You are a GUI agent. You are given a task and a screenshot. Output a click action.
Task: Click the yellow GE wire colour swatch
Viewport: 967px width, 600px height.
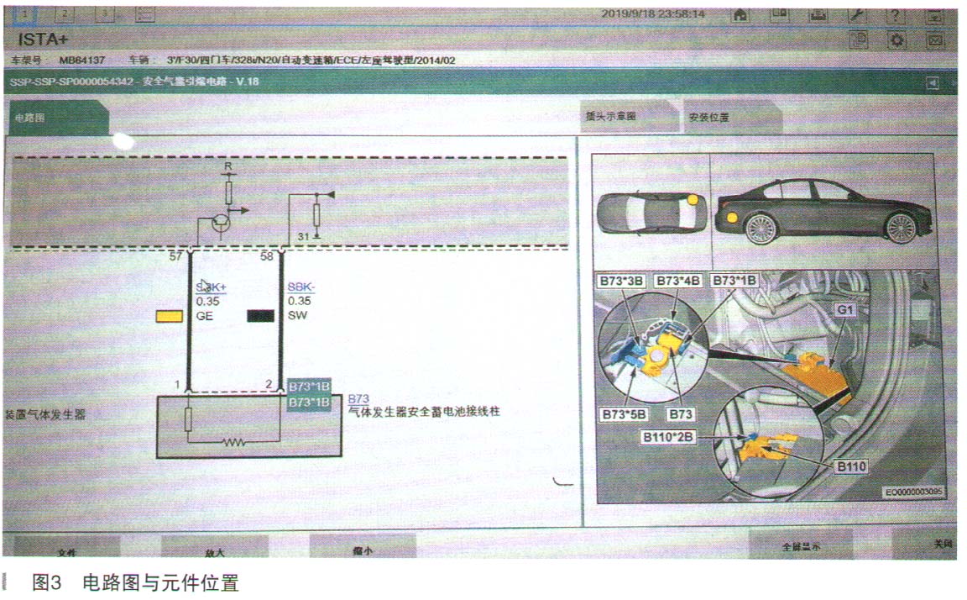(169, 318)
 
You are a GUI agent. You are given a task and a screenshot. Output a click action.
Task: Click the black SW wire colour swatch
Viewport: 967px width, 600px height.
(261, 317)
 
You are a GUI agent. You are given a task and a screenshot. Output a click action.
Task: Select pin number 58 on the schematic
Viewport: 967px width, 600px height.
(268, 255)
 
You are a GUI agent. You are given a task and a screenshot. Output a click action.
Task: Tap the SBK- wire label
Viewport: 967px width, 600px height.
(300, 287)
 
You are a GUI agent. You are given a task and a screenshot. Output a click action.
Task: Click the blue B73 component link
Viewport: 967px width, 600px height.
(358, 398)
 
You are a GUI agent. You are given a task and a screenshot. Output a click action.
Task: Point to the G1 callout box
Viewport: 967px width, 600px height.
(844, 310)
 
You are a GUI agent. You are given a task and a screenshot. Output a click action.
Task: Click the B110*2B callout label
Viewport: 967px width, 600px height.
(668, 437)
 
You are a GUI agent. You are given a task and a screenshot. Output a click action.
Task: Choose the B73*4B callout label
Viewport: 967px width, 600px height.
(678, 279)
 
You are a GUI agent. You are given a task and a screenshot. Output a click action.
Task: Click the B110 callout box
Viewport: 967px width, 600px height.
(849, 465)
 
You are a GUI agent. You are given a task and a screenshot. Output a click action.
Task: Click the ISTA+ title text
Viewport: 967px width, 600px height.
(43, 39)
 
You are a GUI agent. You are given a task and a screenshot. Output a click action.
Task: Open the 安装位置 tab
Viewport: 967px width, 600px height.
(708, 118)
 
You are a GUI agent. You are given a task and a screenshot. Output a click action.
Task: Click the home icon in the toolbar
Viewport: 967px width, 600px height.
(741, 15)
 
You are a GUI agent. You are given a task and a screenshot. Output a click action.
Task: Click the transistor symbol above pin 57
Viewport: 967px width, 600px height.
(221, 222)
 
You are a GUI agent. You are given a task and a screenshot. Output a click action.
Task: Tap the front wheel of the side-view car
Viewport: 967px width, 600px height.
(899, 227)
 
